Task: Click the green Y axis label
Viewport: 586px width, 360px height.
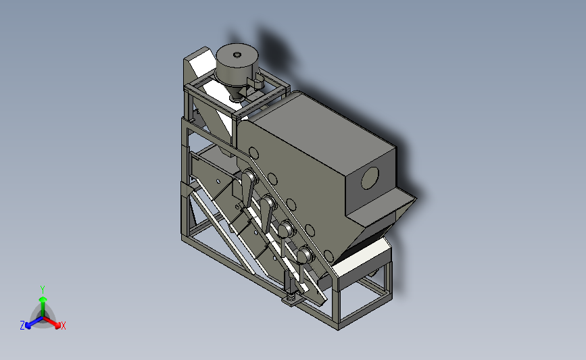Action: tap(43, 290)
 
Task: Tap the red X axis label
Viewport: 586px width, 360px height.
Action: tap(63, 326)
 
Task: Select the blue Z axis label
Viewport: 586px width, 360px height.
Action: tap(22, 326)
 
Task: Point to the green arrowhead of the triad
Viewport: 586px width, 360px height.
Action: tap(43, 299)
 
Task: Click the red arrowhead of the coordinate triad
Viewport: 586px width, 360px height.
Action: tap(57, 326)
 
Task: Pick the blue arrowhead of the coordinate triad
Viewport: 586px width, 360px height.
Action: tap(28, 326)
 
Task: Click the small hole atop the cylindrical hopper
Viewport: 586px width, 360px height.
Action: tap(237, 55)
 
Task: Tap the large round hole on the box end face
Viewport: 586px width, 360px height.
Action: tap(370, 178)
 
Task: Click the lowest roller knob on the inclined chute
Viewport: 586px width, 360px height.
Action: tap(305, 255)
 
